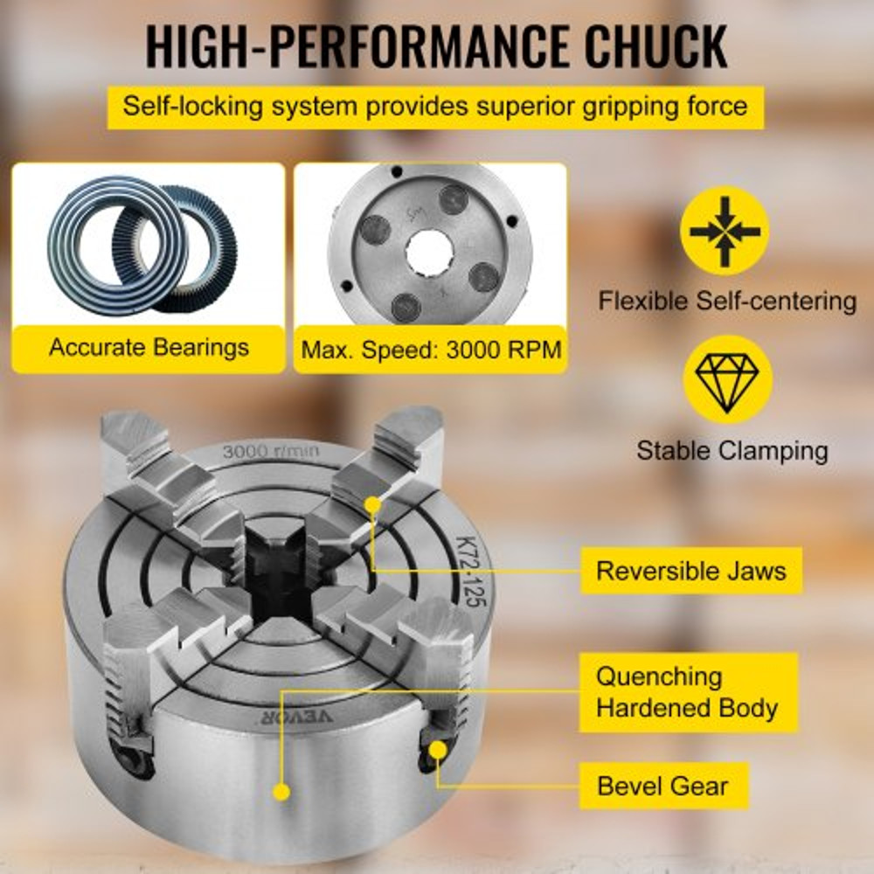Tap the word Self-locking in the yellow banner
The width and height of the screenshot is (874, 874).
(x=180, y=107)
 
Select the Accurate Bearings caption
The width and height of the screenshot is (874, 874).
(x=149, y=348)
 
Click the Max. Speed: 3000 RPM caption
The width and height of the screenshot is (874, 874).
(x=430, y=350)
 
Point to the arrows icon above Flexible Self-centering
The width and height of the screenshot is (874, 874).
(x=725, y=231)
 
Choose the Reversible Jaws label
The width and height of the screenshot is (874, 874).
(x=690, y=572)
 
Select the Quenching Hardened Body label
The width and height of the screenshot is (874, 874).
(x=687, y=691)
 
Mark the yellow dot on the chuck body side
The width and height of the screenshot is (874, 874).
(x=281, y=792)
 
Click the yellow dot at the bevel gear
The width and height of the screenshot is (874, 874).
(x=438, y=750)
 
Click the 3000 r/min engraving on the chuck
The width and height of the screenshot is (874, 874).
(x=271, y=452)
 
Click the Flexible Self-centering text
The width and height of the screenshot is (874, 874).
(x=727, y=302)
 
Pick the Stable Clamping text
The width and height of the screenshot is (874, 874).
(x=732, y=451)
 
